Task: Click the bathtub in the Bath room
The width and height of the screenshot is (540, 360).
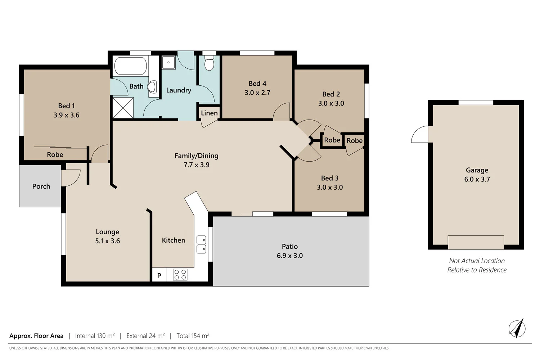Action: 130,66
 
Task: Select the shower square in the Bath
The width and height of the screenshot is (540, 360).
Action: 123,108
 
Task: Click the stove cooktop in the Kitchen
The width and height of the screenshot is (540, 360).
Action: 180,275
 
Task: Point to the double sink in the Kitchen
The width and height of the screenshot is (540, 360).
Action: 201,244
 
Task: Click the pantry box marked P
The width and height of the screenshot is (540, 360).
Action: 159,275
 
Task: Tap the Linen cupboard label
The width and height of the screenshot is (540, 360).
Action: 209,113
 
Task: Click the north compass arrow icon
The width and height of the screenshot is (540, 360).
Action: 517,328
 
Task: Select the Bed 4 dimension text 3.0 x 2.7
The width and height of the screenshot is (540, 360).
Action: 257,93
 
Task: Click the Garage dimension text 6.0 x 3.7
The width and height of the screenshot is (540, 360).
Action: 477,179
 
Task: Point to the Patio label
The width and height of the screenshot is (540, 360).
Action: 290,247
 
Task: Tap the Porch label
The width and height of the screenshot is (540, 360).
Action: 41,186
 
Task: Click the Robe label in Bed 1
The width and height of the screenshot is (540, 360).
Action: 55,155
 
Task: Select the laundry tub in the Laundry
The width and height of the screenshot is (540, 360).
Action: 168,63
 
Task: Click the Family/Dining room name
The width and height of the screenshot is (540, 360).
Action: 196,156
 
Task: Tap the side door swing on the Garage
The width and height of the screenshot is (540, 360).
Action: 420,135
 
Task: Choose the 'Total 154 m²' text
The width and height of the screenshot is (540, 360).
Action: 193,336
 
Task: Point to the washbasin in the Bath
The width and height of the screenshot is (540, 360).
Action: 153,87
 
